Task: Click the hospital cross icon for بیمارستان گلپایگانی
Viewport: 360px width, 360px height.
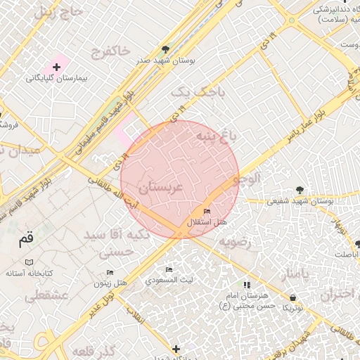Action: tap(56, 66)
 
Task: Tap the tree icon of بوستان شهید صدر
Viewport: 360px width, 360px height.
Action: tap(165, 49)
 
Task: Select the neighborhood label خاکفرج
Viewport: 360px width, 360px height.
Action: tap(110, 51)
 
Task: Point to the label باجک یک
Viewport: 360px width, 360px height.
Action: tap(191, 92)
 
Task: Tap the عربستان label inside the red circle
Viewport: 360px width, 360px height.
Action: tap(160, 188)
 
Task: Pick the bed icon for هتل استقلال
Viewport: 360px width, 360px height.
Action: tap(206, 211)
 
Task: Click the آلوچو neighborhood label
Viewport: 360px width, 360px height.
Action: tap(248, 179)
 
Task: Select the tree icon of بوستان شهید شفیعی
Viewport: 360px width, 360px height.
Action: tap(300, 190)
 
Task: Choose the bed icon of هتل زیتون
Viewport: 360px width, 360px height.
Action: tap(110, 272)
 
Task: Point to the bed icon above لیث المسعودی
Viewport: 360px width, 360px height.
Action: tap(169, 269)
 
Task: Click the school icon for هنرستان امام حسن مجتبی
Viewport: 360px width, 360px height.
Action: tap(247, 285)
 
